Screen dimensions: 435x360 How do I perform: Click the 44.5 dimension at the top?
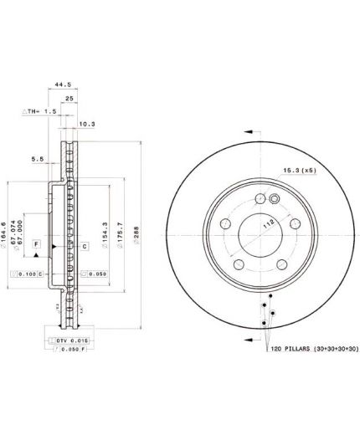[58, 84]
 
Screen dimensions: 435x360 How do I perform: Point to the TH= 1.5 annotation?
[40, 110]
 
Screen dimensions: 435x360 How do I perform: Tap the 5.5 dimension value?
[38, 157]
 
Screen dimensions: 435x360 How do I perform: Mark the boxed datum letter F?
[36, 243]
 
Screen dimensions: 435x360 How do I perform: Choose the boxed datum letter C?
[85, 246]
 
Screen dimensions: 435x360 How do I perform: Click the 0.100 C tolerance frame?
[24, 274]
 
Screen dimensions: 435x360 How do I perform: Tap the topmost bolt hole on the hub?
[258, 199]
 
